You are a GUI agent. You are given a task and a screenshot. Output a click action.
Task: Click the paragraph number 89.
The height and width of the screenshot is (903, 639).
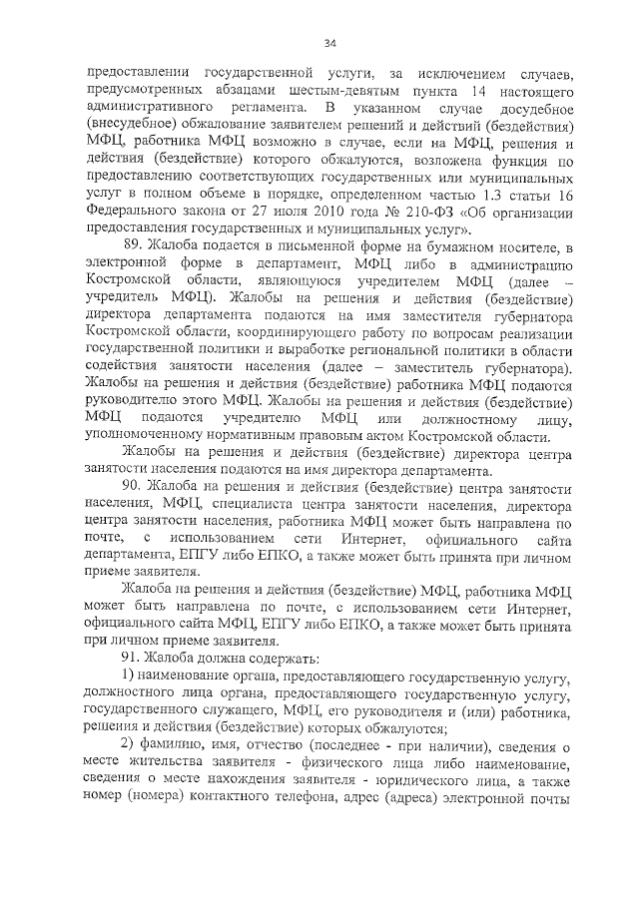pos(133,245)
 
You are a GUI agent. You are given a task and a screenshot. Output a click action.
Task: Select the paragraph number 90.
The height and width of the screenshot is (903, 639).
pos(133,485)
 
